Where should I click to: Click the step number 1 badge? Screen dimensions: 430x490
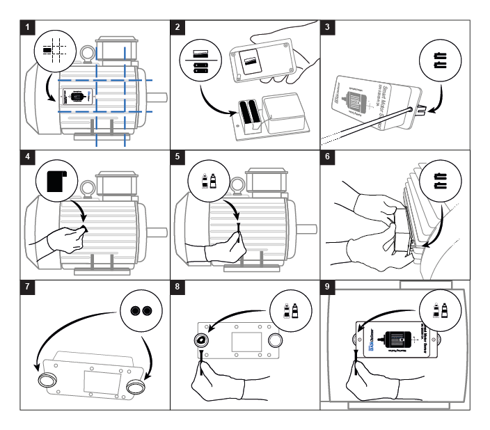pos(27,28)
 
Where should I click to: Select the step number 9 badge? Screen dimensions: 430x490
pos(329,287)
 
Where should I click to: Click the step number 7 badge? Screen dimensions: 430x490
pos(27,287)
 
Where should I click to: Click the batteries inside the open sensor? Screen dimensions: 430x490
pos(248,114)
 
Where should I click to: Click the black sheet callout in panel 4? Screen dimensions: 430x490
pos(54,177)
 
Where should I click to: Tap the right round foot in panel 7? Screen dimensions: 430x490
pos(138,385)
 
